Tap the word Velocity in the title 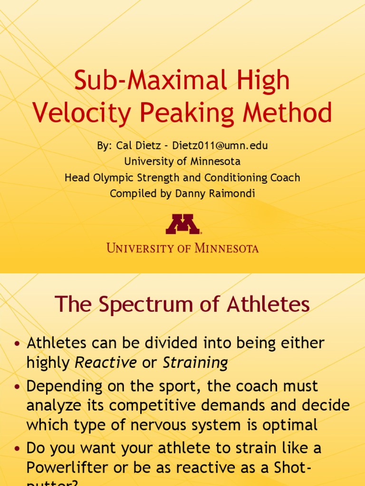(82, 114)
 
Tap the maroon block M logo (182, 224)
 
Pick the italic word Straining (195, 363)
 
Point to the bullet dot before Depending (18, 387)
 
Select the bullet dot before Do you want (18, 448)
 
